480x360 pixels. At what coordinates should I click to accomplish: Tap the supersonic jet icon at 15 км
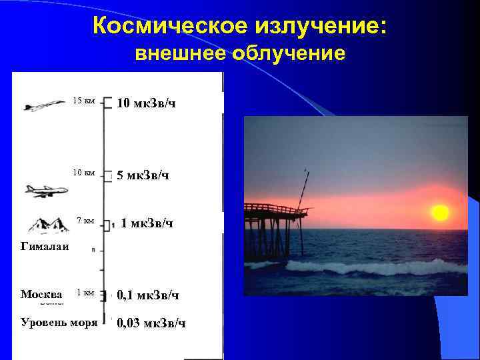[x=44, y=105]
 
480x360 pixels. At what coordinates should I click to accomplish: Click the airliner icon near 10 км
[x=46, y=191]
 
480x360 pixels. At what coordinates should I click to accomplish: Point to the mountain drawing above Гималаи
[x=46, y=225]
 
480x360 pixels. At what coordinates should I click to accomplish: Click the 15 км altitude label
[x=84, y=101]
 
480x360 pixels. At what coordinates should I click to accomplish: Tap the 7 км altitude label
[x=86, y=221]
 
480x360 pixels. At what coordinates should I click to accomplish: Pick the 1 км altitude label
[x=86, y=293]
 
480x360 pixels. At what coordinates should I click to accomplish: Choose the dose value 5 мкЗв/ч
[x=143, y=176]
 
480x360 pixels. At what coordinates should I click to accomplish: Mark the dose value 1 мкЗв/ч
[x=147, y=223]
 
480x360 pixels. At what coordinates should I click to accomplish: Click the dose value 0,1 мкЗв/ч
[x=148, y=295]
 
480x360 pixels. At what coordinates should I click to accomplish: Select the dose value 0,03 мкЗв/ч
[x=151, y=324]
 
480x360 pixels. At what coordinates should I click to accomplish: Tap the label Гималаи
[x=45, y=247]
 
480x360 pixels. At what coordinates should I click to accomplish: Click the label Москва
[x=41, y=294]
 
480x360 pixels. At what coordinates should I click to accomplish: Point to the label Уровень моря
[x=59, y=323]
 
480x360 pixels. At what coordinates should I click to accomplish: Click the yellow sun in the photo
[x=439, y=213]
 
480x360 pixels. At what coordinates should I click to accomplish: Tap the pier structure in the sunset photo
[x=273, y=227]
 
